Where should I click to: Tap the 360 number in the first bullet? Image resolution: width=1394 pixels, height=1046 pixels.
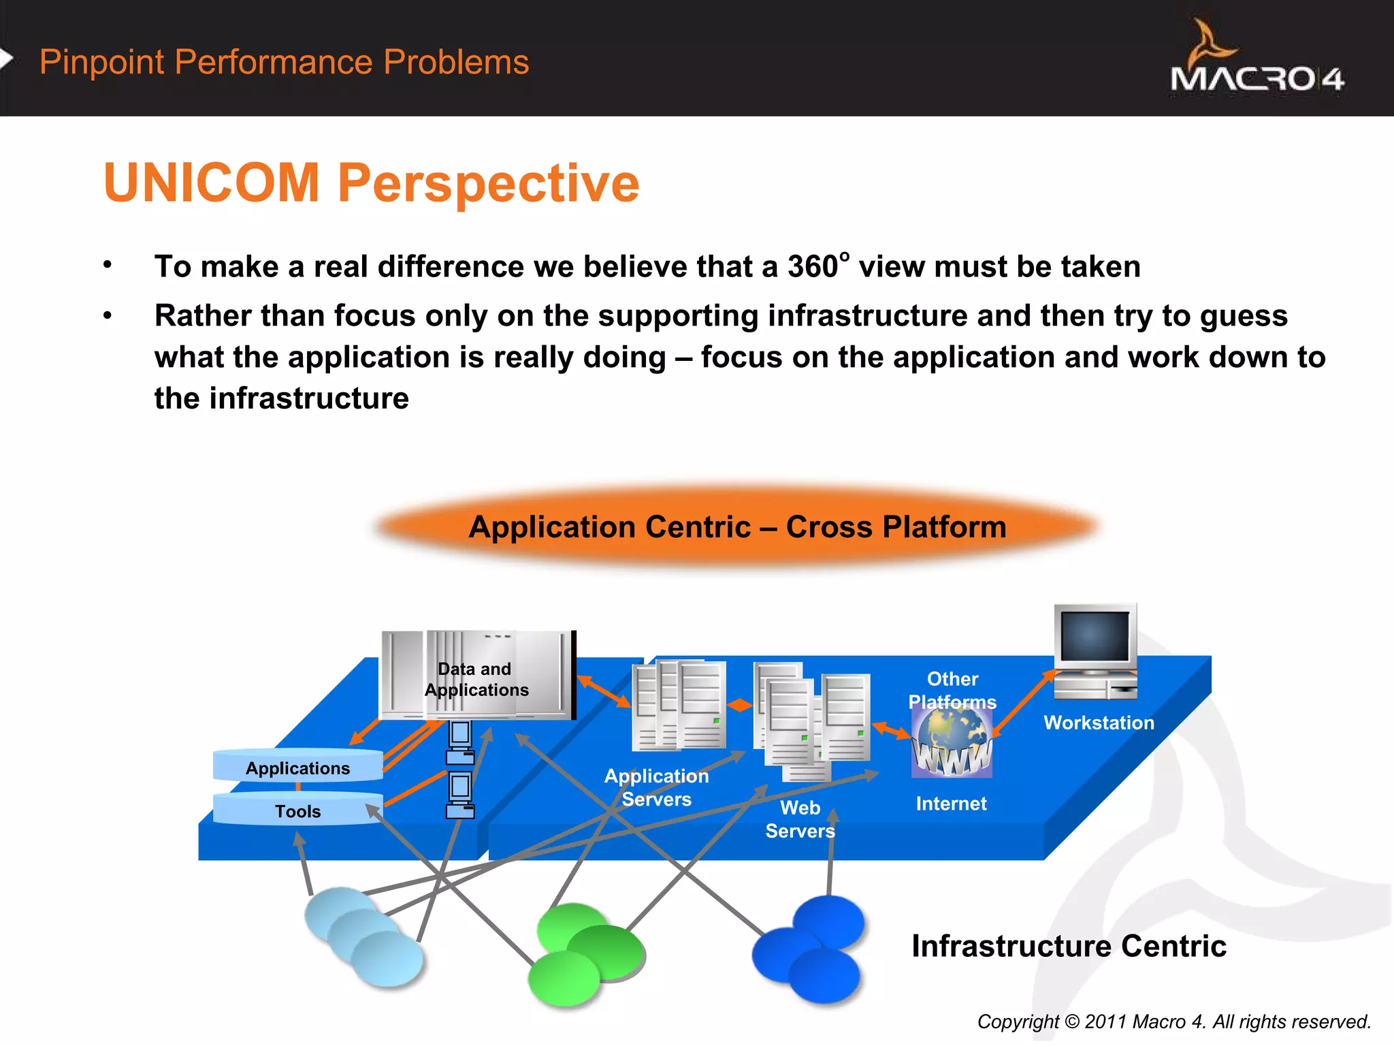[813, 266]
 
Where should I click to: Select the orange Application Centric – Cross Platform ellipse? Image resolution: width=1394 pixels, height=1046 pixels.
[737, 526]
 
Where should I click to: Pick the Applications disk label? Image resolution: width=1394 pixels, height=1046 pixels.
[297, 768]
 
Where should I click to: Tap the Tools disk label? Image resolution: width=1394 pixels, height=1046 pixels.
[297, 811]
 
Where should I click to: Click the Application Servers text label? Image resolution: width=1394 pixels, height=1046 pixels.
[656, 787]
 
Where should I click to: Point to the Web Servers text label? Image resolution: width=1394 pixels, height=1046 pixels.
[800, 819]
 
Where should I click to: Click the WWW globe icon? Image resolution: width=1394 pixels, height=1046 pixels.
[952, 743]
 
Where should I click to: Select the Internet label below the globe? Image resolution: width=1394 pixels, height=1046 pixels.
[951, 804]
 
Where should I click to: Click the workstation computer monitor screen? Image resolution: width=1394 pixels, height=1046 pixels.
[1095, 636]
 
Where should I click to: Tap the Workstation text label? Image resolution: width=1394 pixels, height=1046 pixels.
[1099, 723]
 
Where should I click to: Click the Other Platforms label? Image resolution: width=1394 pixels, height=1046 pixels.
[952, 690]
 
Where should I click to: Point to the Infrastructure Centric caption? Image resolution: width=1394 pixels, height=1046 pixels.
[1069, 946]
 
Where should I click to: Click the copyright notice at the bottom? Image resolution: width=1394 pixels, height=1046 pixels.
[1173, 1021]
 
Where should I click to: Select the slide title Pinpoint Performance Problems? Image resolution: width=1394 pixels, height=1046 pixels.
[284, 62]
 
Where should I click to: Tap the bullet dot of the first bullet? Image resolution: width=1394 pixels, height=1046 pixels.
[108, 265]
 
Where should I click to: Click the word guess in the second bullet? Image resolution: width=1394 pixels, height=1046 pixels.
[1244, 316]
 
